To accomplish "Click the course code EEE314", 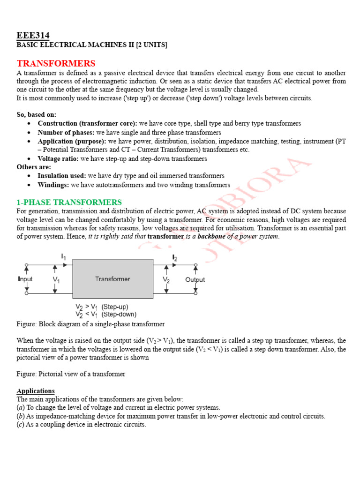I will pos(33,36).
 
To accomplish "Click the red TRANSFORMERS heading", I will pos(56,63).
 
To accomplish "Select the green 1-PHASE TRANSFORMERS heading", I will pos(69,202).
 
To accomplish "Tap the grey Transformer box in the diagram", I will pos(112,278).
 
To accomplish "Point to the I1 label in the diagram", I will pos(64,256).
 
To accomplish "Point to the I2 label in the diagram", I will pos(175,257).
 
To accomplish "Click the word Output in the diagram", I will pos(195,280).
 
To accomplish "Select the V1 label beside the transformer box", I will pos(56,280).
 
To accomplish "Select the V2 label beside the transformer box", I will pos(166,280).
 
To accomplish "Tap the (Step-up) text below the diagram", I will pos(115,307).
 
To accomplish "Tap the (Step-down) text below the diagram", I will pos(119,314).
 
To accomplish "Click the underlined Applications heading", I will pos(36,390).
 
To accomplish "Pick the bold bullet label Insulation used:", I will pos(62,176).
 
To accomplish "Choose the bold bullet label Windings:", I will pos(53,185).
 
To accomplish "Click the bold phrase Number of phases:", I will pos(66,132).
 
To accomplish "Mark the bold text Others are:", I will pos(34,167).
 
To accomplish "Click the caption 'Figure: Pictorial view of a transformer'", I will pos(71,374).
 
